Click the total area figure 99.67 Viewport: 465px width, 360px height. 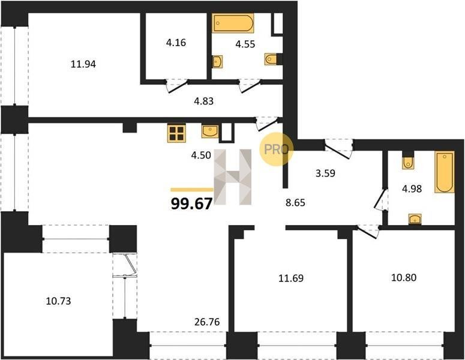click(x=192, y=203)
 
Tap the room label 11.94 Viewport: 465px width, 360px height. click(x=83, y=64)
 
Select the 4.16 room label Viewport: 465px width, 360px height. click(x=176, y=43)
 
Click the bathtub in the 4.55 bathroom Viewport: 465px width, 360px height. click(x=233, y=23)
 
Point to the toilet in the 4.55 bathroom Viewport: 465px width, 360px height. click(x=271, y=59)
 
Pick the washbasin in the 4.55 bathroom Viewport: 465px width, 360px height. click(x=218, y=62)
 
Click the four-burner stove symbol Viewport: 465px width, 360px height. click(x=177, y=133)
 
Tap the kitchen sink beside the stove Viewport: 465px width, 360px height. click(x=210, y=131)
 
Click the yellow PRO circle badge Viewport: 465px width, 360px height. click(x=276, y=149)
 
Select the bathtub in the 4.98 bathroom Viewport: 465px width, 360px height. click(x=445, y=172)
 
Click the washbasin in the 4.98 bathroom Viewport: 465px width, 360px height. click(x=415, y=219)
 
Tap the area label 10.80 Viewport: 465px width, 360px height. click(x=404, y=278)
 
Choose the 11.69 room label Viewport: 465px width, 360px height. click(x=291, y=278)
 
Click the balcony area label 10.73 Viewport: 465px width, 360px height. click(x=58, y=301)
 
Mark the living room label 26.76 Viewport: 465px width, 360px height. click(x=207, y=322)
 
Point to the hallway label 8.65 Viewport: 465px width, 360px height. click(x=295, y=203)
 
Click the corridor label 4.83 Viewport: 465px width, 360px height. click(x=204, y=101)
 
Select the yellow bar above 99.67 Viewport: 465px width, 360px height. click(x=192, y=190)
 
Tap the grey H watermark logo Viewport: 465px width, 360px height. click(x=233, y=177)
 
